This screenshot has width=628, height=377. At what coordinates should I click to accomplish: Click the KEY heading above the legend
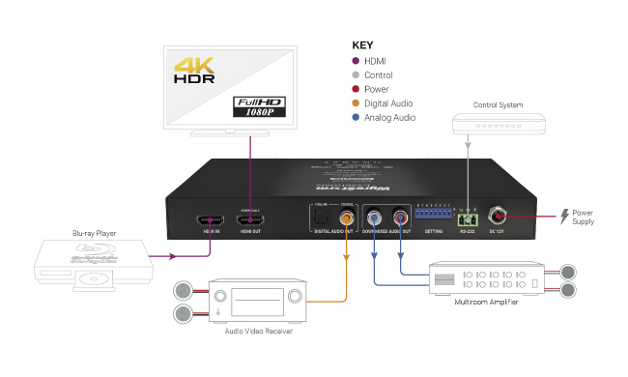coord(362,44)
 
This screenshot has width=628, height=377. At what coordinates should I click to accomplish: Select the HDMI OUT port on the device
coord(252,220)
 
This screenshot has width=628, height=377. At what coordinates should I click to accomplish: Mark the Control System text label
coord(499,104)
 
